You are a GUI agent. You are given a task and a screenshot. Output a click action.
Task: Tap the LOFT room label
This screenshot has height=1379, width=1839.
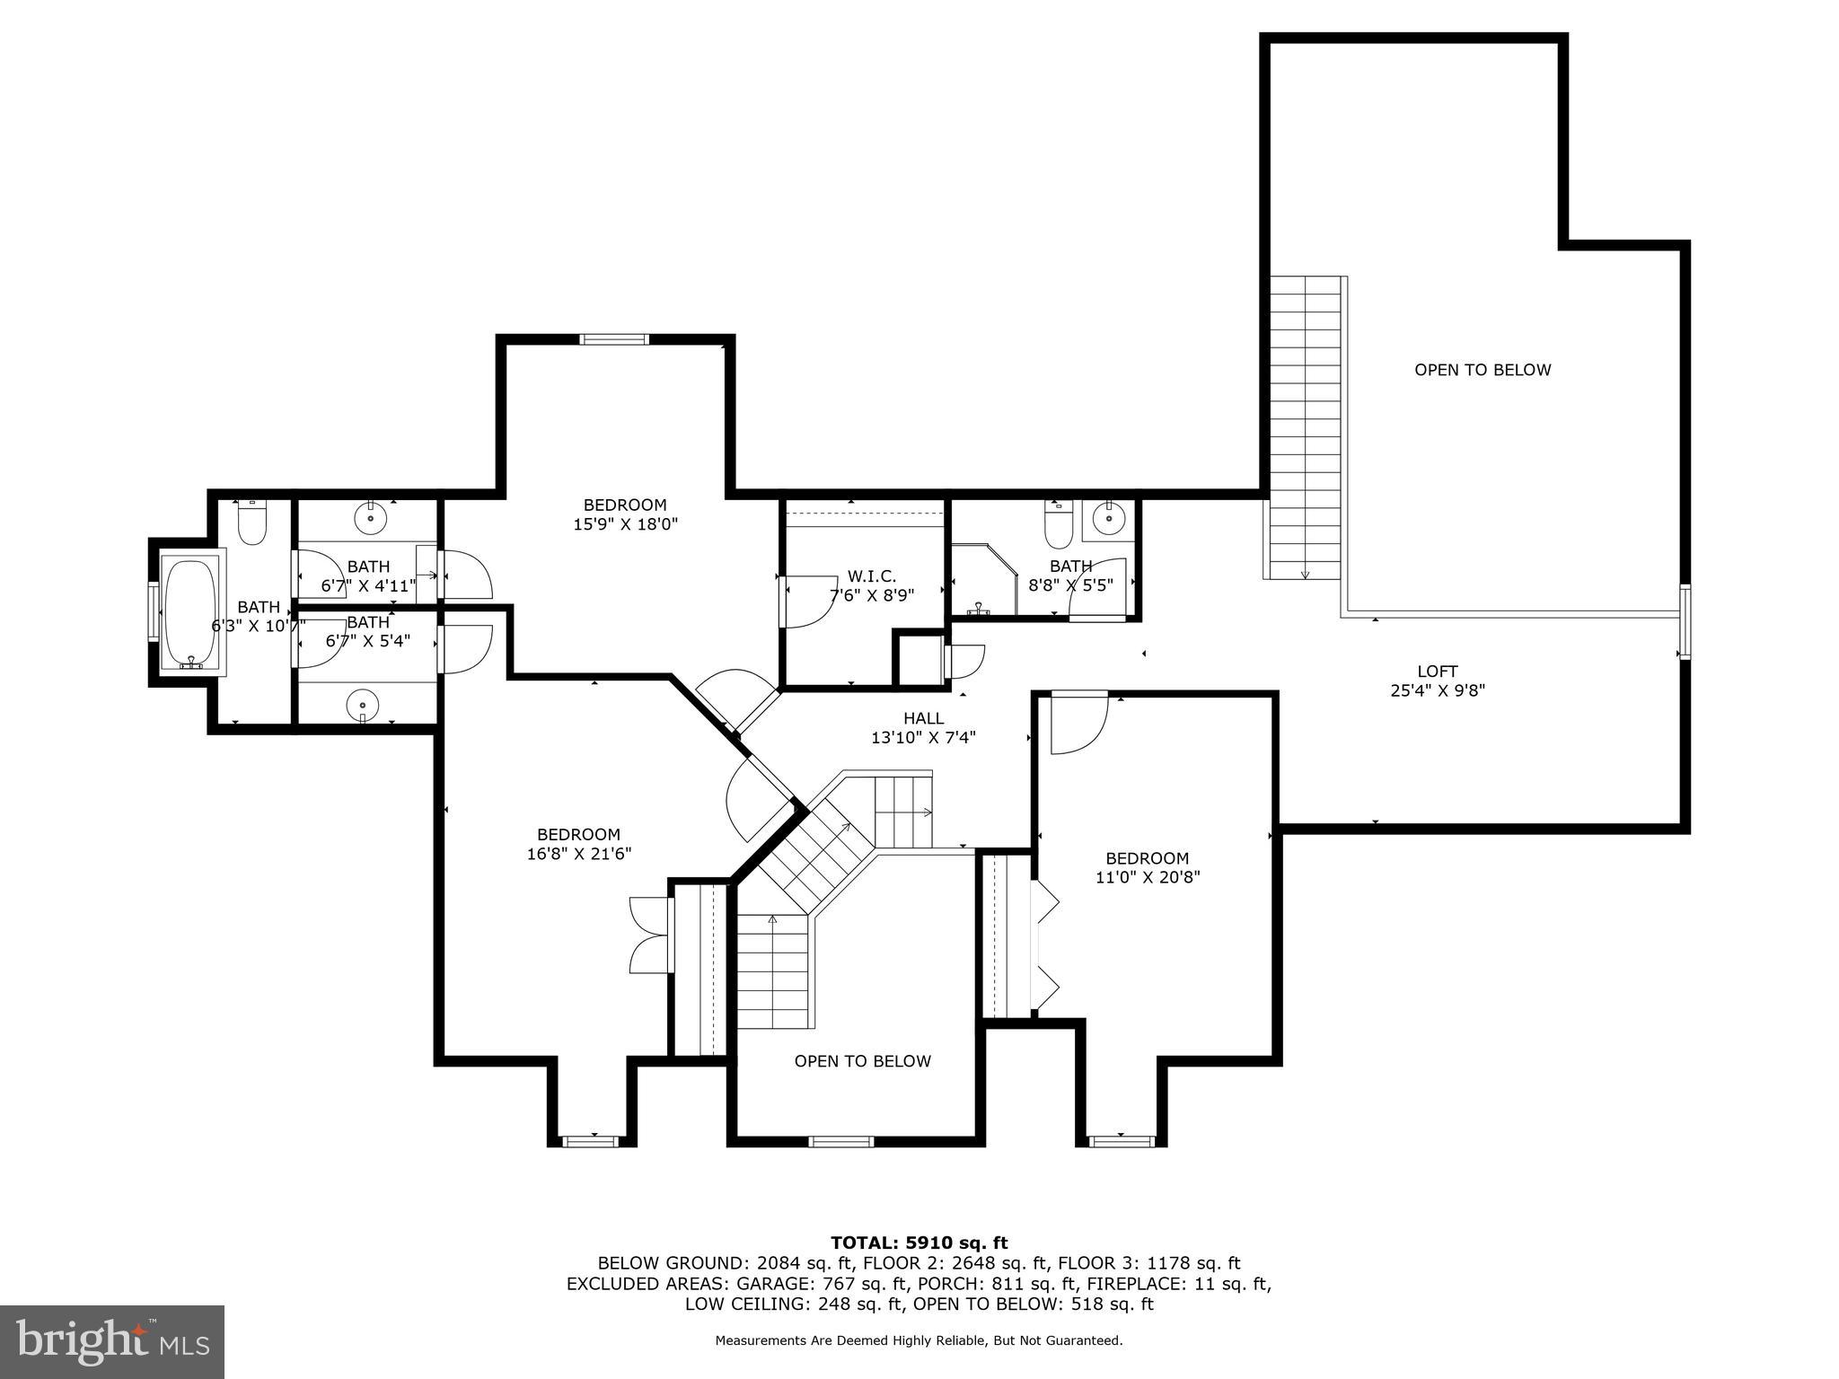(x=1437, y=671)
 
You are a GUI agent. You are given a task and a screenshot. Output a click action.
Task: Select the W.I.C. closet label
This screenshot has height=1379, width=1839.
(x=871, y=576)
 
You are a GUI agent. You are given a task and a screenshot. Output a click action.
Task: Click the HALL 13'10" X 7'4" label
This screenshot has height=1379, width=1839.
(x=923, y=728)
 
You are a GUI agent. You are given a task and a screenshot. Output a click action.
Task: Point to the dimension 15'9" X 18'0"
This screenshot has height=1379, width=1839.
(x=625, y=524)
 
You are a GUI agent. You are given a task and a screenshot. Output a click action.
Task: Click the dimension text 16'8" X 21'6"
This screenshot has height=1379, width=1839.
(x=578, y=855)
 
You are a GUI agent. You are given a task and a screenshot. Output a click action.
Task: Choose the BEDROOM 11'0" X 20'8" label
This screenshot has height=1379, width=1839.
(x=1147, y=868)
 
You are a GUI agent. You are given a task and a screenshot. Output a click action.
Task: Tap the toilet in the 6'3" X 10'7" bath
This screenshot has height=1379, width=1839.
(x=252, y=525)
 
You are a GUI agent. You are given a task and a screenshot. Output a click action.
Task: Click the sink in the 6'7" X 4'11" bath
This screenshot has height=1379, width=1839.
(x=370, y=518)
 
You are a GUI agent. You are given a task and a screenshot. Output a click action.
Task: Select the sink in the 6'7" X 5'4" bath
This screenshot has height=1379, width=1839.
(x=363, y=703)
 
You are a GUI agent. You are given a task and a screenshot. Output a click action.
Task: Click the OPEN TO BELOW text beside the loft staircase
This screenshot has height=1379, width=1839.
(x=1482, y=370)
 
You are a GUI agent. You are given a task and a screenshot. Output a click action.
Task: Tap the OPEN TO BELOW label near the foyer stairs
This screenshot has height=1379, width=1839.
(x=862, y=1061)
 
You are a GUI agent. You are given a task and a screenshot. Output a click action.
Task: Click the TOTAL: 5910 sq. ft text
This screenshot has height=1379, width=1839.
(x=919, y=1243)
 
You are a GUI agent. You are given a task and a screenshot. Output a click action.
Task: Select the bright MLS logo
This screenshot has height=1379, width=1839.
(x=112, y=1341)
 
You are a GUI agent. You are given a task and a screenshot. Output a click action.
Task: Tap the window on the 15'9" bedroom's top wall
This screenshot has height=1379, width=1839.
(x=613, y=339)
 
